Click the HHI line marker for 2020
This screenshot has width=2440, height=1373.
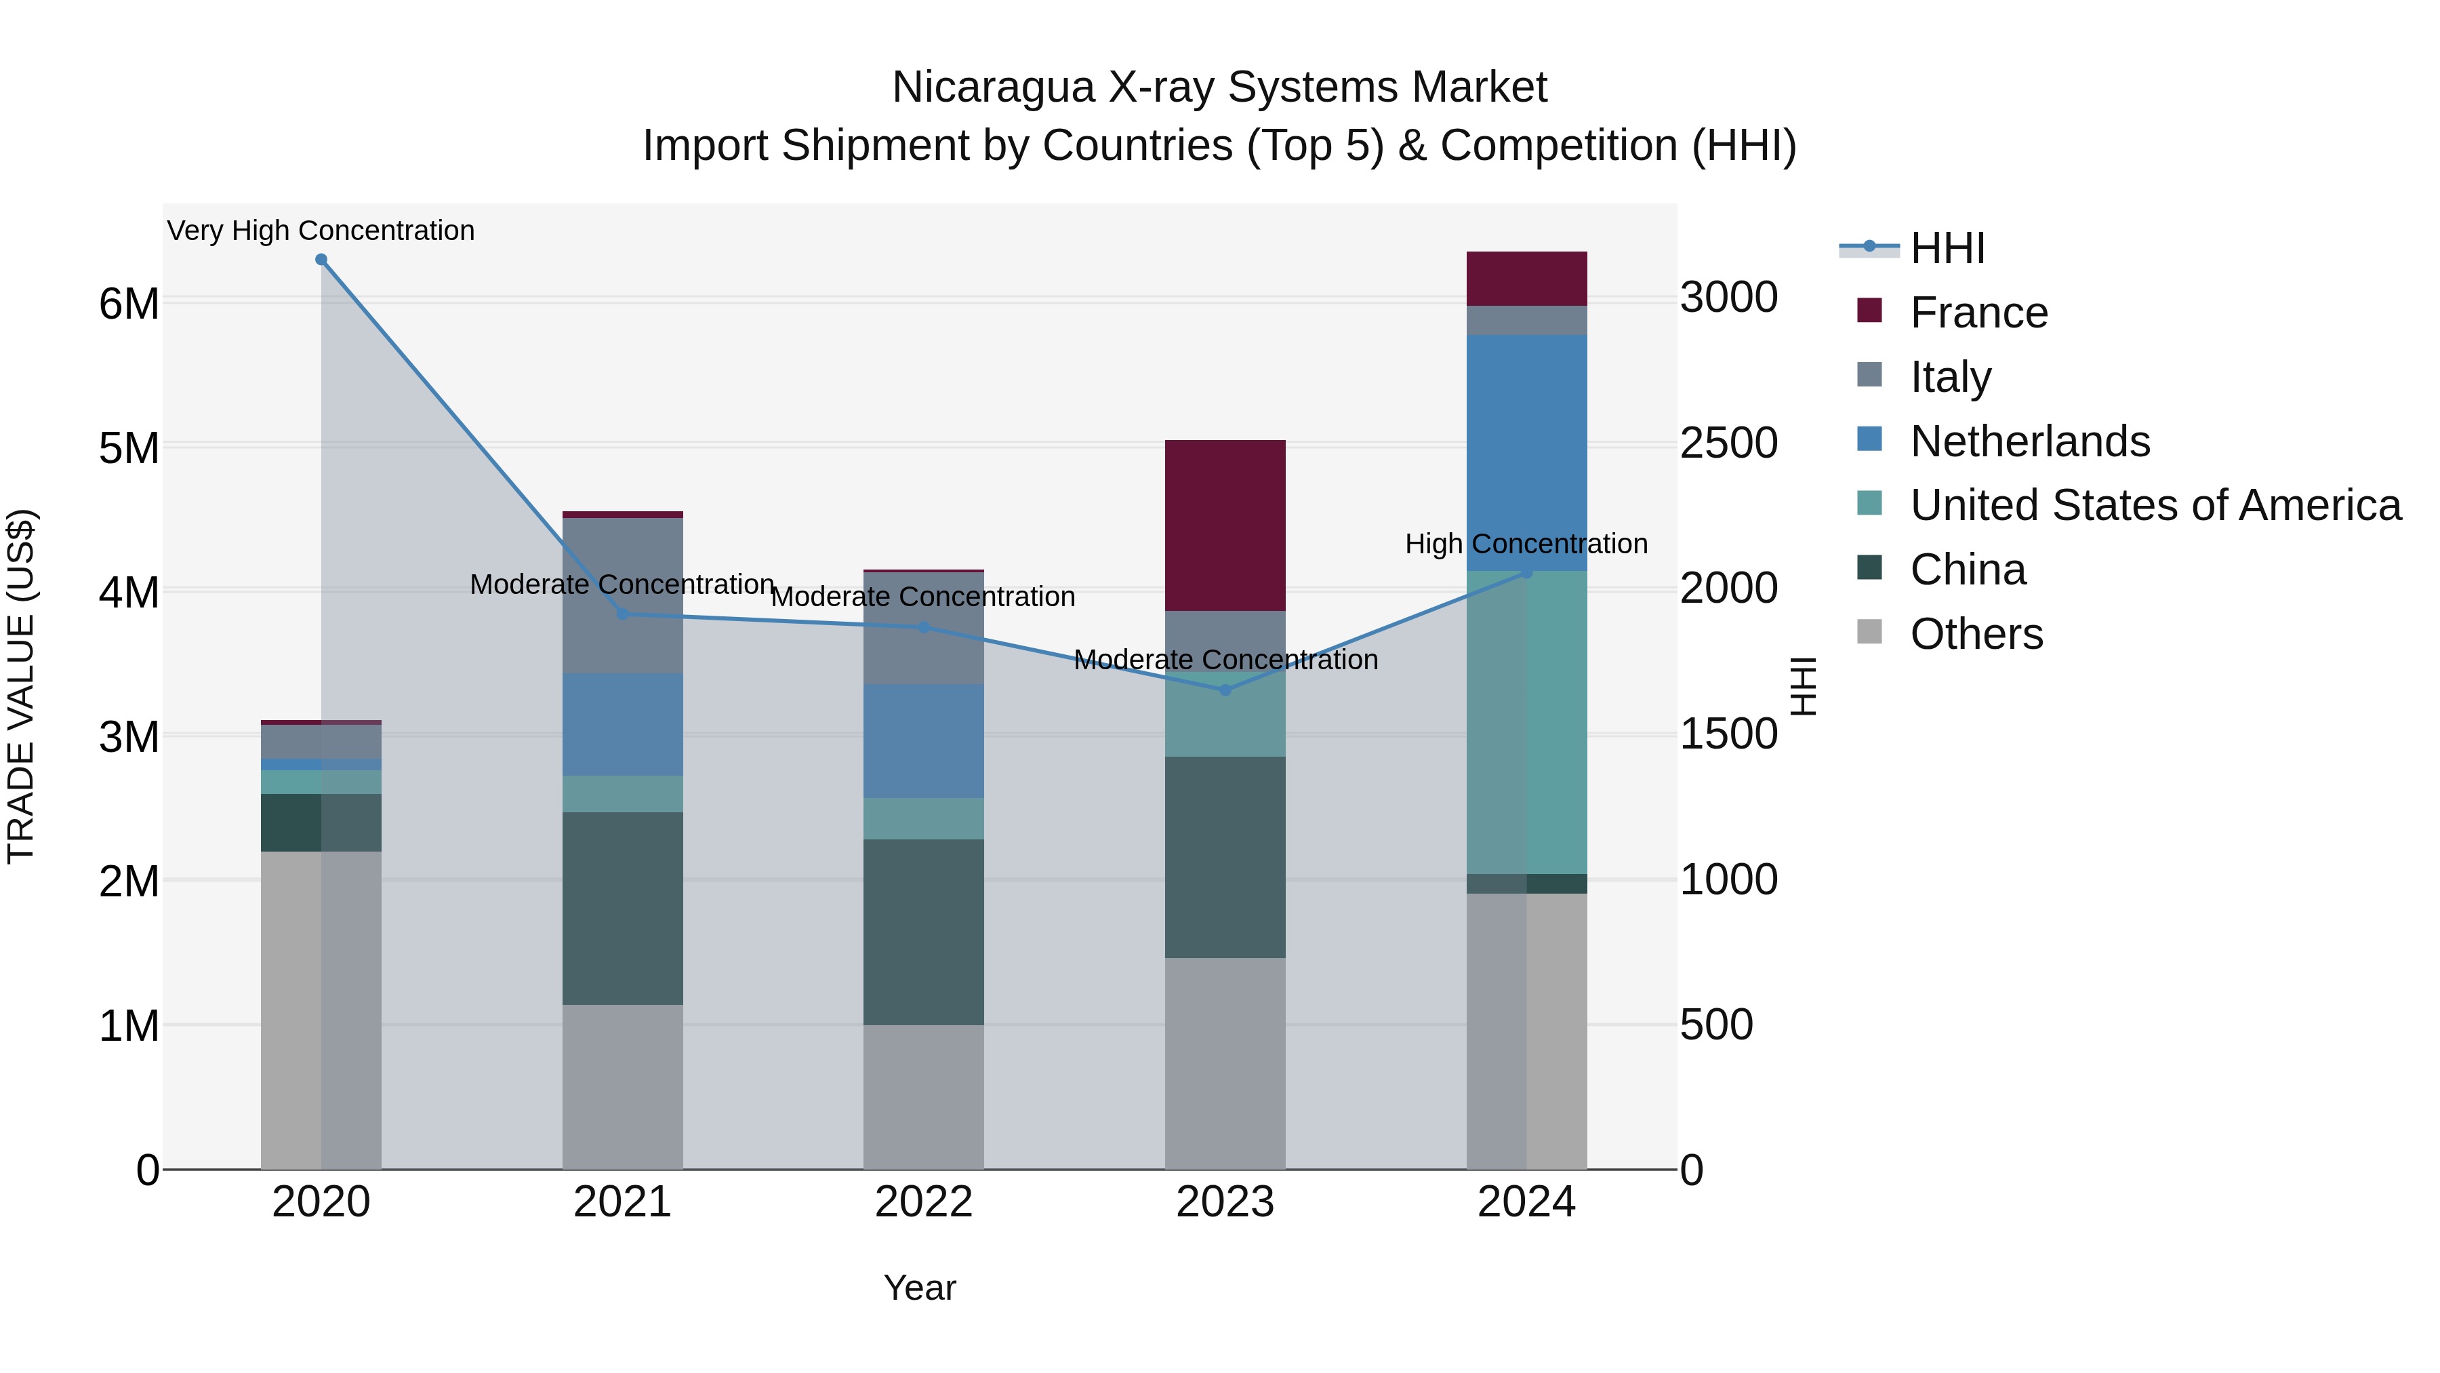pos(321,260)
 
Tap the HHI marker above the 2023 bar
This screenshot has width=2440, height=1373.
pos(1225,690)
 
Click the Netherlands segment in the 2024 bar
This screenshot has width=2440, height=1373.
pos(1526,452)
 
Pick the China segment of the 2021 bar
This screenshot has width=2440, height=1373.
pos(622,908)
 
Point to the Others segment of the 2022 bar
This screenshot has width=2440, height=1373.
pos(924,1096)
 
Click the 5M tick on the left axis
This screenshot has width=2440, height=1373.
pos(129,448)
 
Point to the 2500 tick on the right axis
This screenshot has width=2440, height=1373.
pos(1728,443)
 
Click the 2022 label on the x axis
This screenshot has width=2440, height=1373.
pos(924,1202)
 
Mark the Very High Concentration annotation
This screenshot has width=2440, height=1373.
pos(321,231)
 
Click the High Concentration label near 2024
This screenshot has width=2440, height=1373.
pos(1526,544)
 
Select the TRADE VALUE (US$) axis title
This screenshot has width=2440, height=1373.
pos(21,686)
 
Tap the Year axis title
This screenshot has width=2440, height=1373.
pos(920,1288)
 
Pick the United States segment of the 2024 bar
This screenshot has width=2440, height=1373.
pos(1526,722)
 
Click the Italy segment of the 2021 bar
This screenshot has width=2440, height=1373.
pos(622,595)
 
